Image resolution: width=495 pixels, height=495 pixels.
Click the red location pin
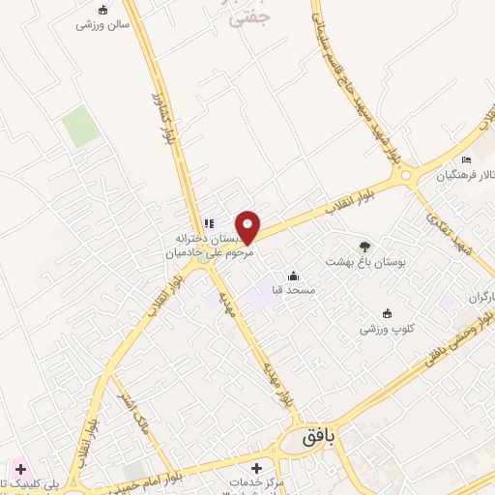click(x=248, y=226)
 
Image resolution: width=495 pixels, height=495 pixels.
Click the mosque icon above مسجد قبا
click(x=294, y=276)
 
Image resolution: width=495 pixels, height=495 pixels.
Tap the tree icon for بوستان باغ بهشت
click(x=364, y=247)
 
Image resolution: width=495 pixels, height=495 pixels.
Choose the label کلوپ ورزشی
click(x=388, y=329)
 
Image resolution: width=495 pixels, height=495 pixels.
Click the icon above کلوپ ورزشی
click(x=388, y=313)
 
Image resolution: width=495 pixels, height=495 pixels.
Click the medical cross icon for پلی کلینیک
click(x=20, y=469)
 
